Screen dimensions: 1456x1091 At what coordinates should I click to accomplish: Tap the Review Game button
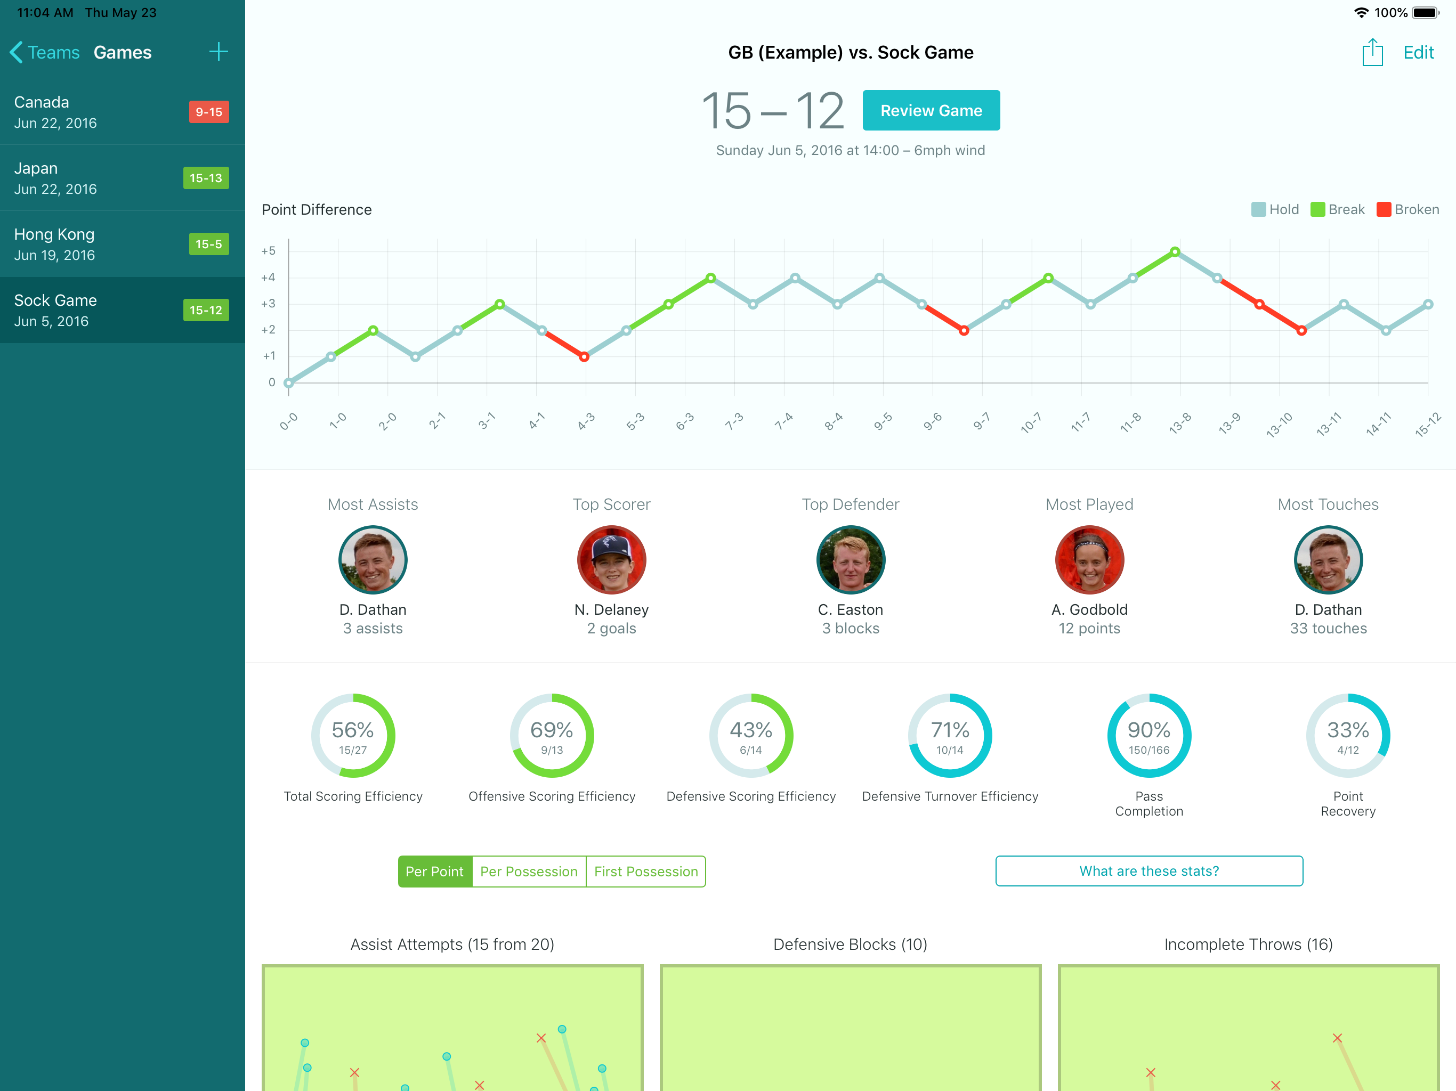click(931, 111)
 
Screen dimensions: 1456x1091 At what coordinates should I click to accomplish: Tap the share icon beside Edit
click(1372, 52)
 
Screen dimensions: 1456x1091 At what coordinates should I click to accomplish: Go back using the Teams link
click(45, 53)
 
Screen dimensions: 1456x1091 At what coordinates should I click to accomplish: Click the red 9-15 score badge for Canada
click(209, 112)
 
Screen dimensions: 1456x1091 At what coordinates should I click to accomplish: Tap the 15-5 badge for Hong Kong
click(209, 244)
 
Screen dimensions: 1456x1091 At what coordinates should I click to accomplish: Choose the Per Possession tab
click(529, 871)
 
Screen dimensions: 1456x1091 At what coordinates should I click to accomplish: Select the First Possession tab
click(646, 871)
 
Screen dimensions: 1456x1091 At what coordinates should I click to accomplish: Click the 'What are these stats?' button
click(1148, 870)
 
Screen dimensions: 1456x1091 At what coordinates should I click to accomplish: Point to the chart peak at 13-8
click(1175, 251)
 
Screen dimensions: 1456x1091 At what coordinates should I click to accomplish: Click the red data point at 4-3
click(584, 356)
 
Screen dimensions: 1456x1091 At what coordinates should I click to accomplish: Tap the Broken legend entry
click(1408, 209)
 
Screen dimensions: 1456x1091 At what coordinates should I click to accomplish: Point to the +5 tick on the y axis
click(268, 251)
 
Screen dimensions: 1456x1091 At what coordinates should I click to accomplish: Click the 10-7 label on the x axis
click(1031, 422)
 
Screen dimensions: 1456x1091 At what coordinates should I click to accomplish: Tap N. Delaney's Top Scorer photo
click(611, 560)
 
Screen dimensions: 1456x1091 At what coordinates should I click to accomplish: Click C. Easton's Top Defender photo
click(851, 560)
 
